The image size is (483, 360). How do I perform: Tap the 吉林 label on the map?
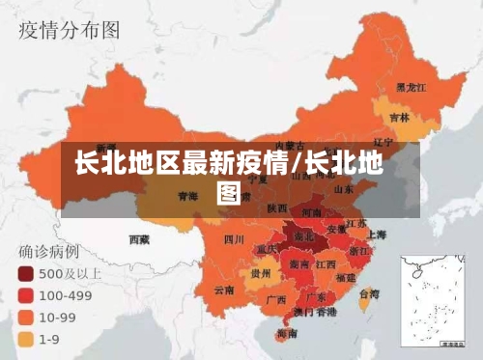pyautogui.click(x=399, y=118)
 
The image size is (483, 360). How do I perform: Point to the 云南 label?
pyautogui.click(x=224, y=289)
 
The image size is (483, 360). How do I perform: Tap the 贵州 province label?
pyautogui.click(x=260, y=273)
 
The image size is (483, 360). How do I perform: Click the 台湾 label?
pyautogui.click(x=368, y=293)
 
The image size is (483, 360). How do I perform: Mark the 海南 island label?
pyautogui.click(x=286, y=333)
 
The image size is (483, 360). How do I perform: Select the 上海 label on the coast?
pyautogui.click(x=375, y=234)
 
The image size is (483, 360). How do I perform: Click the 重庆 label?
pyautogui.click(x=267, y=249)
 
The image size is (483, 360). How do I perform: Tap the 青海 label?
pyautogui.click(x=187, y=196)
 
